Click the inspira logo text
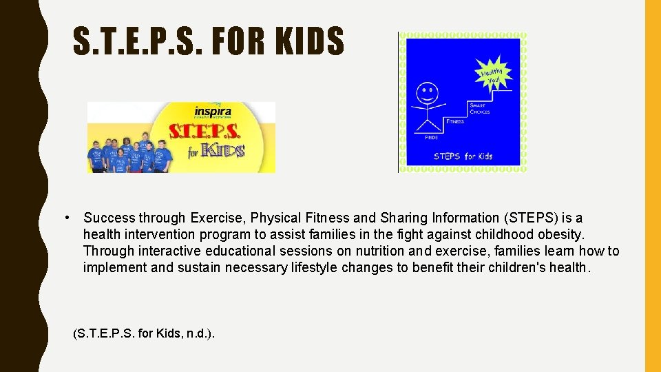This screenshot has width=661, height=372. tap(212, 112)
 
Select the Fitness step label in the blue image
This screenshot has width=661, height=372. tap(455, 121)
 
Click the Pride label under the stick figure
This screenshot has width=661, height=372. tap(431, 137)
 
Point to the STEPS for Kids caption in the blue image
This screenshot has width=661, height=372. tap(463, 156)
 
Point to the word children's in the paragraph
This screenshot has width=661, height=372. tap(517, 268)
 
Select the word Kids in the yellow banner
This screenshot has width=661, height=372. tap(222, 149)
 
